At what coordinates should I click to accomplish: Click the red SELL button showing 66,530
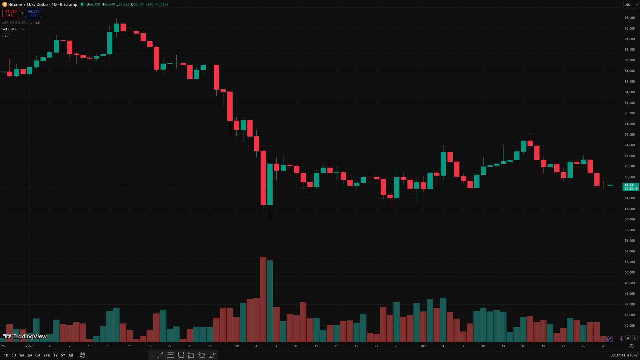coord(11,13)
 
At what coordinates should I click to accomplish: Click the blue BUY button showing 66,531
coord(33,13)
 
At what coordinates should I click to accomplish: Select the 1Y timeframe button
coord(56,355)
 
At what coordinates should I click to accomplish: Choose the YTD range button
coord(47,355)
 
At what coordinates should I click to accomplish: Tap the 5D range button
coord(14,355)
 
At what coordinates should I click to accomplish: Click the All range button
coord(71,355)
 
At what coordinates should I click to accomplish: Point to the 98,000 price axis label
coord(629,18)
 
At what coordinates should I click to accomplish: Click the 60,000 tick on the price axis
coord(629,219)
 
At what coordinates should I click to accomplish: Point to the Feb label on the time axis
coord(236,346)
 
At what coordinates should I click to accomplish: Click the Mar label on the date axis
coord(423,346)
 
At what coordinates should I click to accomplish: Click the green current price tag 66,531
coord(631,187)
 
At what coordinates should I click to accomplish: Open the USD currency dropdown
coord(631,5)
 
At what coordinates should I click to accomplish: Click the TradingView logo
coord(25,336)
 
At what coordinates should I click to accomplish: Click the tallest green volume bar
coord(270,301)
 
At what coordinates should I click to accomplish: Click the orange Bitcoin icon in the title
coord(5,4)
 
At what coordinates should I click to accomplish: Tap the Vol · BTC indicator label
coord(9,29)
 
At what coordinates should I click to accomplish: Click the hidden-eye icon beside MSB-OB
coord(37,23)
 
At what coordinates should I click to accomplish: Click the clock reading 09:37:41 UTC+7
coord(623,355)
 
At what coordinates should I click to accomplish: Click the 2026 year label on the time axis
coord(29,346)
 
